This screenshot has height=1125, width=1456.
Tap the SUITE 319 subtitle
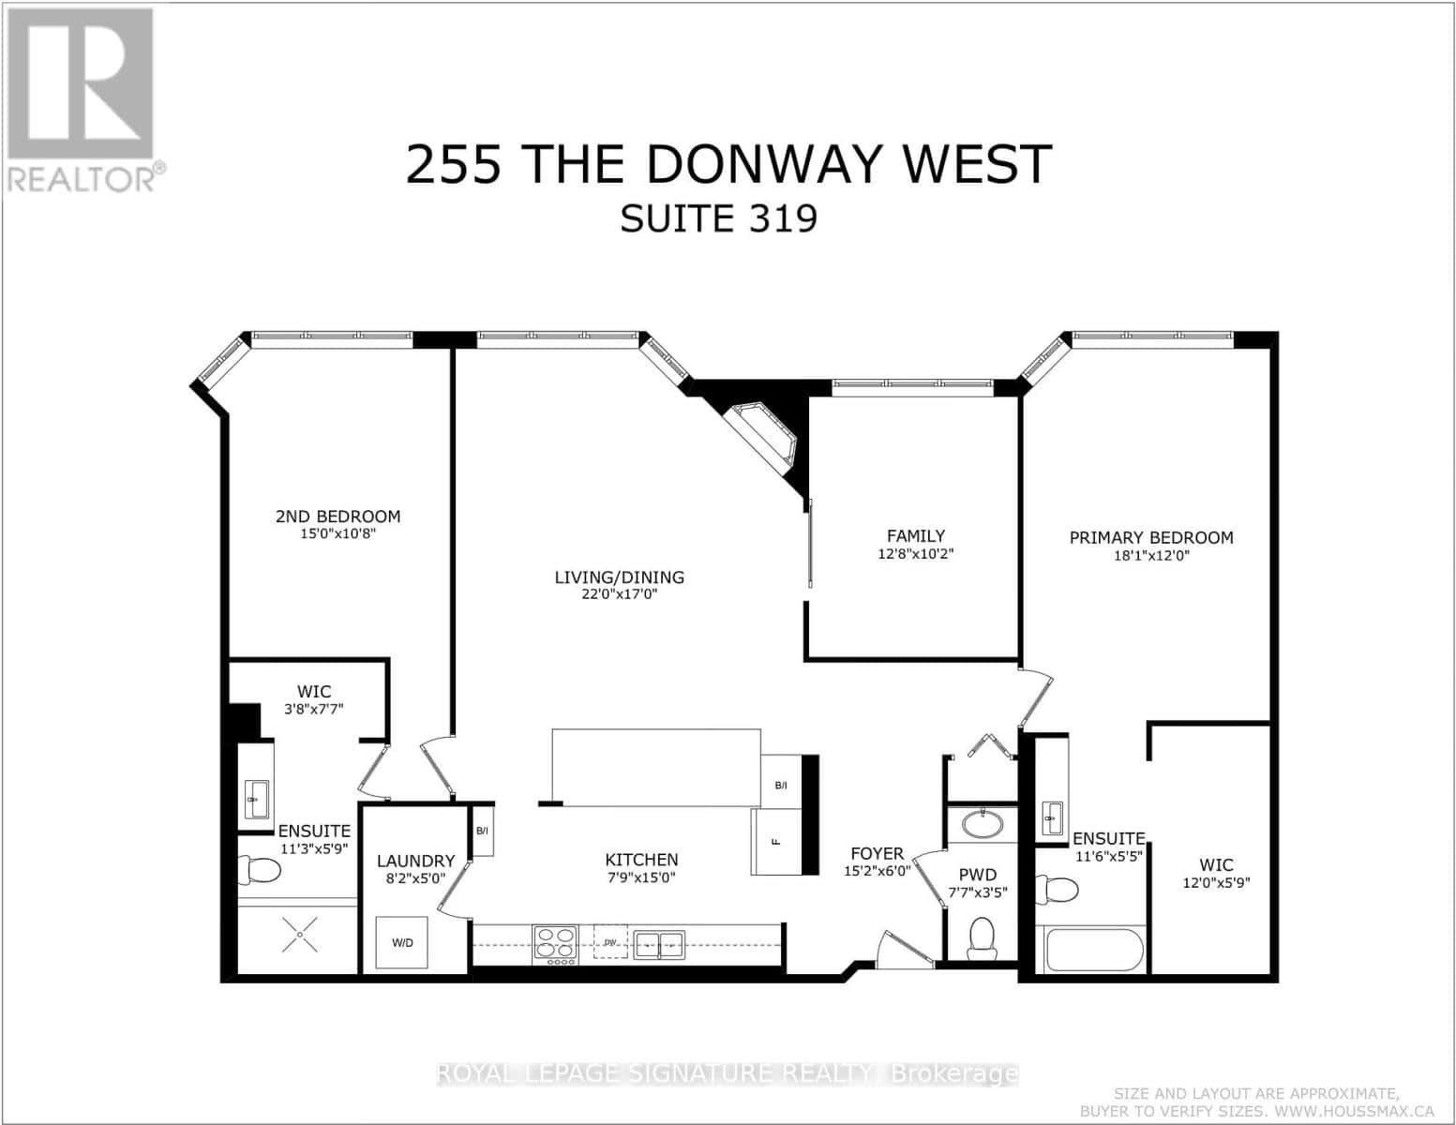719,218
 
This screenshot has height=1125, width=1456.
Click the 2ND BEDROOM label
338,517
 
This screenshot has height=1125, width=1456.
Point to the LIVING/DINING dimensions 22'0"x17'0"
619,594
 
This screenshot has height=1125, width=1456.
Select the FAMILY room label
916,536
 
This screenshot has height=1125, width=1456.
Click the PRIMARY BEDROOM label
1151,538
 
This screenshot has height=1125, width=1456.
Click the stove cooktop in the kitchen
555,944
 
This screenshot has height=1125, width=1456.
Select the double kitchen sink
659,944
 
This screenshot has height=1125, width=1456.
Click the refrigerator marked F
776,842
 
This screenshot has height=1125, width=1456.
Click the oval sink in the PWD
982,825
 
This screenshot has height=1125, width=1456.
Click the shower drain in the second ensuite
299,934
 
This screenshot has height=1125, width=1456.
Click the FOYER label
877,854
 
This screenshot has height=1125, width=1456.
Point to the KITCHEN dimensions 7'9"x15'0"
641,877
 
